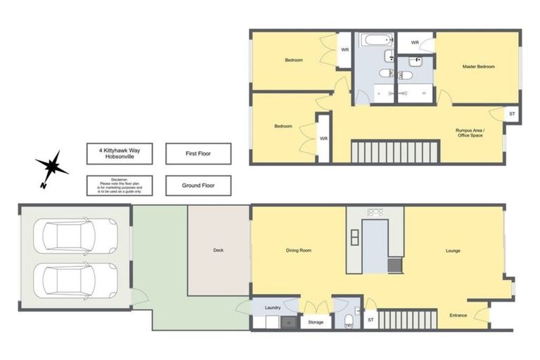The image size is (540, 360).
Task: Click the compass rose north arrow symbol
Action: (x=53, y=167)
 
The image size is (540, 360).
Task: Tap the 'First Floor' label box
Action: (x=198, y=153)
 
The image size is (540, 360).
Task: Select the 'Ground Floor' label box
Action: (x=198, y=186)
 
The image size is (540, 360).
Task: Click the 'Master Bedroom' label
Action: (x=478, y=67)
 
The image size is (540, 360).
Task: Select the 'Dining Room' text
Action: (x=298, y=250)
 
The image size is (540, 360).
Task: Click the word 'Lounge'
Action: (x=453, y=250)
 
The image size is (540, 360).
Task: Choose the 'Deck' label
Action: (x=218, y=250)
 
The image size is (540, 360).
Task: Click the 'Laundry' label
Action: (x=273, y=307)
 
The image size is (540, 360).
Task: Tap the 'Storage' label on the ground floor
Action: (x=316, y=322)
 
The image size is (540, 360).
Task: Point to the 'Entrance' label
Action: (x=458, y=315)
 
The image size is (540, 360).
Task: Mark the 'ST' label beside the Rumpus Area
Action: (x=512, y=113)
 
